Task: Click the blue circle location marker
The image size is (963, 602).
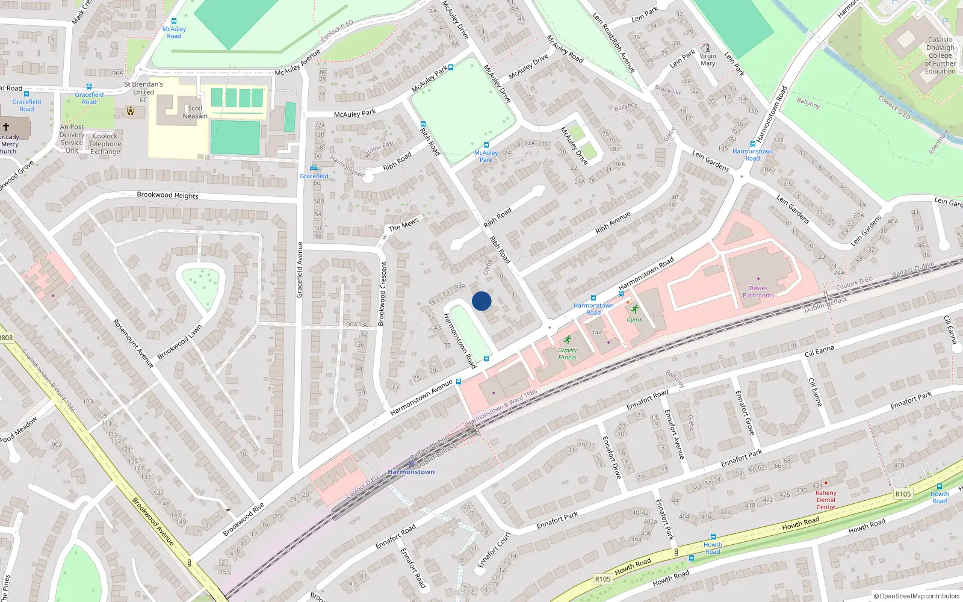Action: coord(482,301)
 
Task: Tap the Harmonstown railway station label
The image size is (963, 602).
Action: coord(411,472)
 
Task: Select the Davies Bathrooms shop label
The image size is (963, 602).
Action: coord(758,292)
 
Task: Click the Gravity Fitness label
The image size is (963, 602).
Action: coord(567,353)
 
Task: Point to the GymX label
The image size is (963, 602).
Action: coord(634,320)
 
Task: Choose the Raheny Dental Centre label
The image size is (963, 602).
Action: coord(826,500)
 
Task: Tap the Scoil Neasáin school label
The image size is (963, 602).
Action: coord(195,112)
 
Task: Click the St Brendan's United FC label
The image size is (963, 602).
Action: coord(143,92)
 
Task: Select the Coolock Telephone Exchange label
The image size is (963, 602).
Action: coord(105,144)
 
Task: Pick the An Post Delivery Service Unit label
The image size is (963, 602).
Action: coord(72,138)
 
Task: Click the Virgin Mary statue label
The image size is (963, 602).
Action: coord(708,60)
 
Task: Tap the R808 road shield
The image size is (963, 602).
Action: coord(6,338)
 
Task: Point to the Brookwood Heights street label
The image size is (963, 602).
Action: coord(167,195)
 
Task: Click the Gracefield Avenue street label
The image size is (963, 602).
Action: coord(300,269)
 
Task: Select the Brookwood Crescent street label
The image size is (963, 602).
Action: coord(382,293)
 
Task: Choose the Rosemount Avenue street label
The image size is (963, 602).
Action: coord(134,343)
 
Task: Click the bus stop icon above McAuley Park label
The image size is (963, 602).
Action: coord(486,145)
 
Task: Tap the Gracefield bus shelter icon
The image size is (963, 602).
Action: coord(314,168)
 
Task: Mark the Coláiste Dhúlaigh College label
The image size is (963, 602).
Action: coord(940,55)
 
